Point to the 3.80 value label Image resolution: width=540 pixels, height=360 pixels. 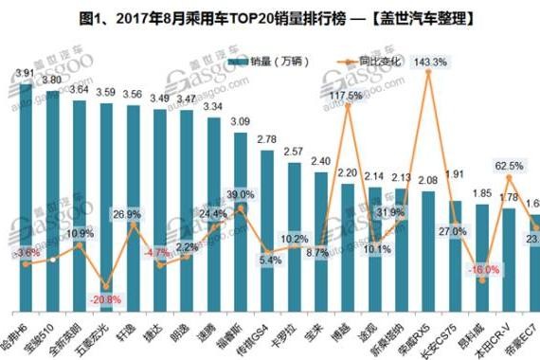pyautogui.click(x=53, y=80)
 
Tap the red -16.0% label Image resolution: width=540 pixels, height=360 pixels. pyautogui.click(x=483, y=270)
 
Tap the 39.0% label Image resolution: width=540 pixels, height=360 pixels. pyautogui.click(x=241, y=194)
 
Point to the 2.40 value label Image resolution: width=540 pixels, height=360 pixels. pyautogui.click(x=321, y=162)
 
